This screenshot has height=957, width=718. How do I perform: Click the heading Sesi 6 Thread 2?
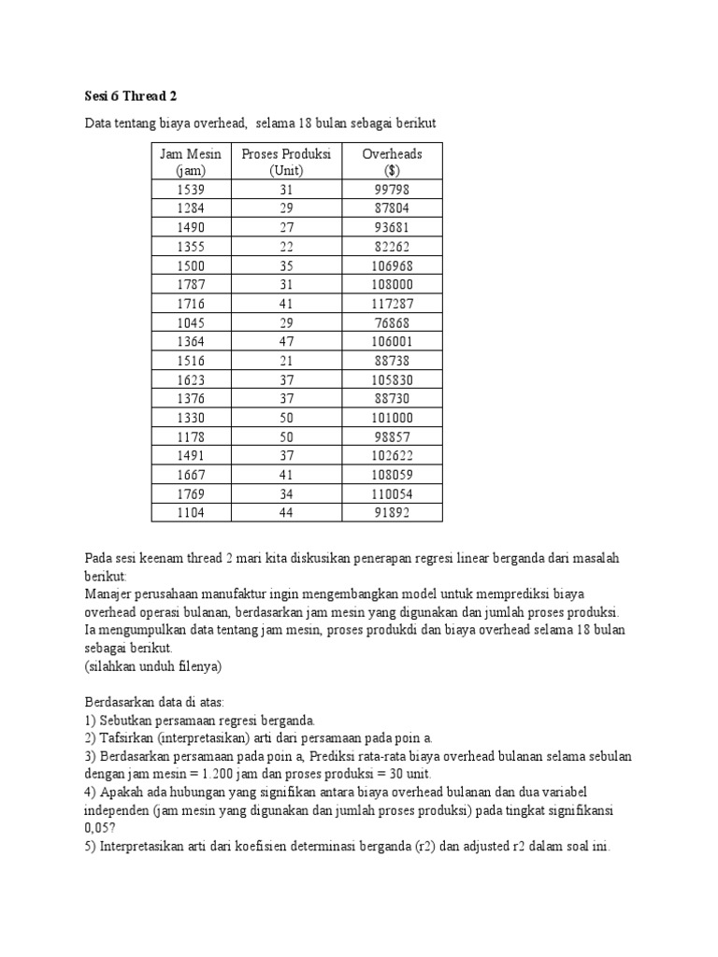pos(130,95)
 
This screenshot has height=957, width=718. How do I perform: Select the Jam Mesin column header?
pos(190,162)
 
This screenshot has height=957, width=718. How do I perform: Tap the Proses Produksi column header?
pos(286,162)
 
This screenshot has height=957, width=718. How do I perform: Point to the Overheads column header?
pos(392,162)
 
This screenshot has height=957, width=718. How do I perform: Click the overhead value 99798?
pos(391,190)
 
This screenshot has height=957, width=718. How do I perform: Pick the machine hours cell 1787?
pos(190,285)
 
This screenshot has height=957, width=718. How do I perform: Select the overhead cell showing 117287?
pos(391,304)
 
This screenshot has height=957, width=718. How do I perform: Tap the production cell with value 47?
pos(286,342)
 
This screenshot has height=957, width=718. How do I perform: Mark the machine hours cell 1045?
pos(190,323)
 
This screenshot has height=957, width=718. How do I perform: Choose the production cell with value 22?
pos(286,247)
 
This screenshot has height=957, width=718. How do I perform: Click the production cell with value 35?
pos(286,265)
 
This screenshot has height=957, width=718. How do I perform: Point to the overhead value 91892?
pos(391,513)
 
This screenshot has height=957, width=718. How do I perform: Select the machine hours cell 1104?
pos(190,513)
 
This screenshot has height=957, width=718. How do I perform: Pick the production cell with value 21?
pos(286,361)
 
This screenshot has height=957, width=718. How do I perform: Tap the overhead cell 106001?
pos(391,342)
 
